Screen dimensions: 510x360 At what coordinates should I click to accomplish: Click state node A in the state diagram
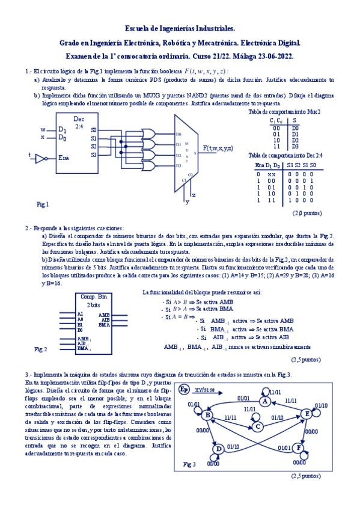pyautogui.click(x=264, y=401)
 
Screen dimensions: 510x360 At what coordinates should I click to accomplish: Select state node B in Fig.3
pyautogui.click(x=209, y=414)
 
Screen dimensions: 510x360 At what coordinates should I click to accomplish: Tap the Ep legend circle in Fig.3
pyautogui.click(x=185, y=390)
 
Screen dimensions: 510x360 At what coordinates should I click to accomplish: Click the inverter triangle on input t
pyautogui.click(x=40, y=159)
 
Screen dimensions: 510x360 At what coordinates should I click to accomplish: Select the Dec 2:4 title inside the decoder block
pyautogui.click(x=79, y=123)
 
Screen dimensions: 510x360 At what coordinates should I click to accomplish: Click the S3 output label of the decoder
pyautogui.click(x=93, y=155)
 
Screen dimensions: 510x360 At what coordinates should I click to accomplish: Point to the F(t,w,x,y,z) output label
pyautogui.click(x=218, y=147)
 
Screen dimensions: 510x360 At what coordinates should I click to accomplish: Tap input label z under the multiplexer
pyautogui.click(x=194, y=195)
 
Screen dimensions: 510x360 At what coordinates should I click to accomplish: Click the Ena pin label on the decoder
pyautogui.click(x=64, y=158)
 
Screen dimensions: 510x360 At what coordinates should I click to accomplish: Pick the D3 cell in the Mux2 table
pyautogui.click(x=295, y=146)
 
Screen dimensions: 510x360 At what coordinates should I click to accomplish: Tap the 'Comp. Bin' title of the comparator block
pyautogui.click(x=93, y=297)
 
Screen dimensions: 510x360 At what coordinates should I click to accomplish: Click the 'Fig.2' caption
pyautogui.click(x=41, y=349)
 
